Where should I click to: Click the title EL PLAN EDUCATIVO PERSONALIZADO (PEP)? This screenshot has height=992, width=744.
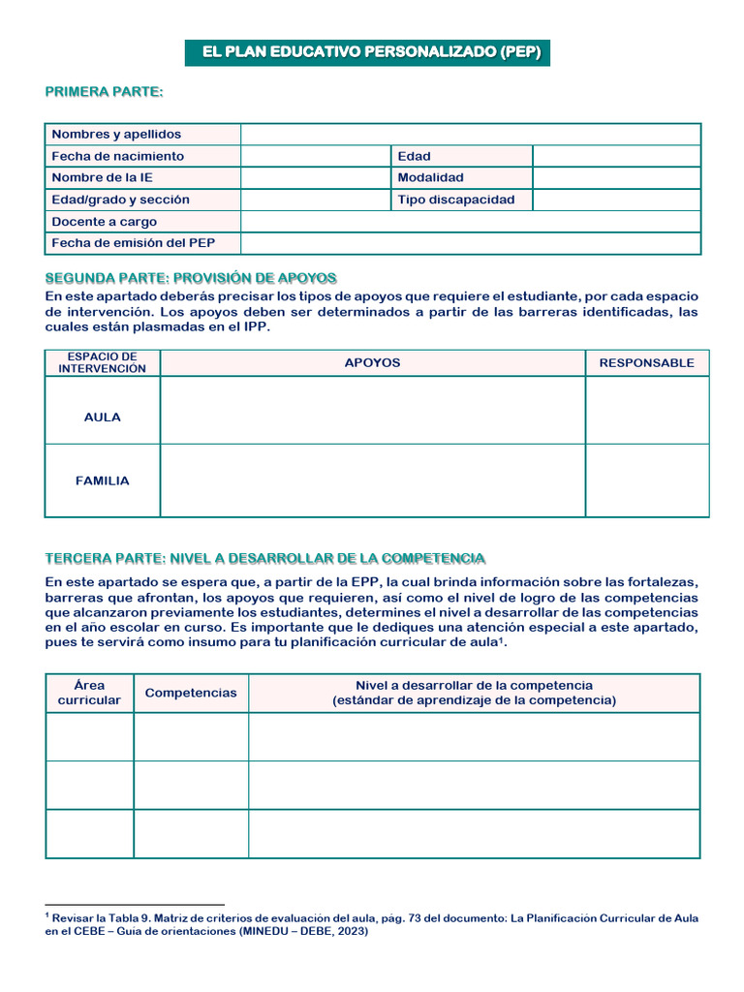coord(367,52)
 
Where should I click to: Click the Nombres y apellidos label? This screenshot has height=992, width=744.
coord(116,135)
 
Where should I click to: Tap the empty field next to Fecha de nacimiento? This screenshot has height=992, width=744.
coord(315,156)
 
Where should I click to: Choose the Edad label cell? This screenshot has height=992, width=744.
coord(415,156)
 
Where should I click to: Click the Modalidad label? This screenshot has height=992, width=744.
coord(431,178)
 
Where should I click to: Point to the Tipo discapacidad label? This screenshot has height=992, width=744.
coord(456,200)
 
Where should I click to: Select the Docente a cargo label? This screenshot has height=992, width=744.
coord(104,222)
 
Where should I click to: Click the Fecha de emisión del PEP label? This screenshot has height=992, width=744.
coord(134,243)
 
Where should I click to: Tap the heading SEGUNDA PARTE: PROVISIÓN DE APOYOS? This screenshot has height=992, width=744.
coord(191,278)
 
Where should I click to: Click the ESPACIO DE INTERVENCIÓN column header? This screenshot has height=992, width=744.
coord(103,362)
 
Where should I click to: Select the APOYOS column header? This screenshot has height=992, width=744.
coord(372,362)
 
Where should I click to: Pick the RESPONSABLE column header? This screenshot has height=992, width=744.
coord(646,362)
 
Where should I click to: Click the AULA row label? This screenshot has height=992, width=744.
coord(103,418)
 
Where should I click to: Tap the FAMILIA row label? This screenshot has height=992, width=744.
coord(103,480)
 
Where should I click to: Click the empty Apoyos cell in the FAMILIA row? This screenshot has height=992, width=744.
coord(372,480)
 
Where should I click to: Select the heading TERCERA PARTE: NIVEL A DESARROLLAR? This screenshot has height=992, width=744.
coord(265,559)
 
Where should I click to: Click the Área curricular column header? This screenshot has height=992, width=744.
coord(89,693)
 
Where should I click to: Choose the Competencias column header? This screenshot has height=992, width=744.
coord(191,693)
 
